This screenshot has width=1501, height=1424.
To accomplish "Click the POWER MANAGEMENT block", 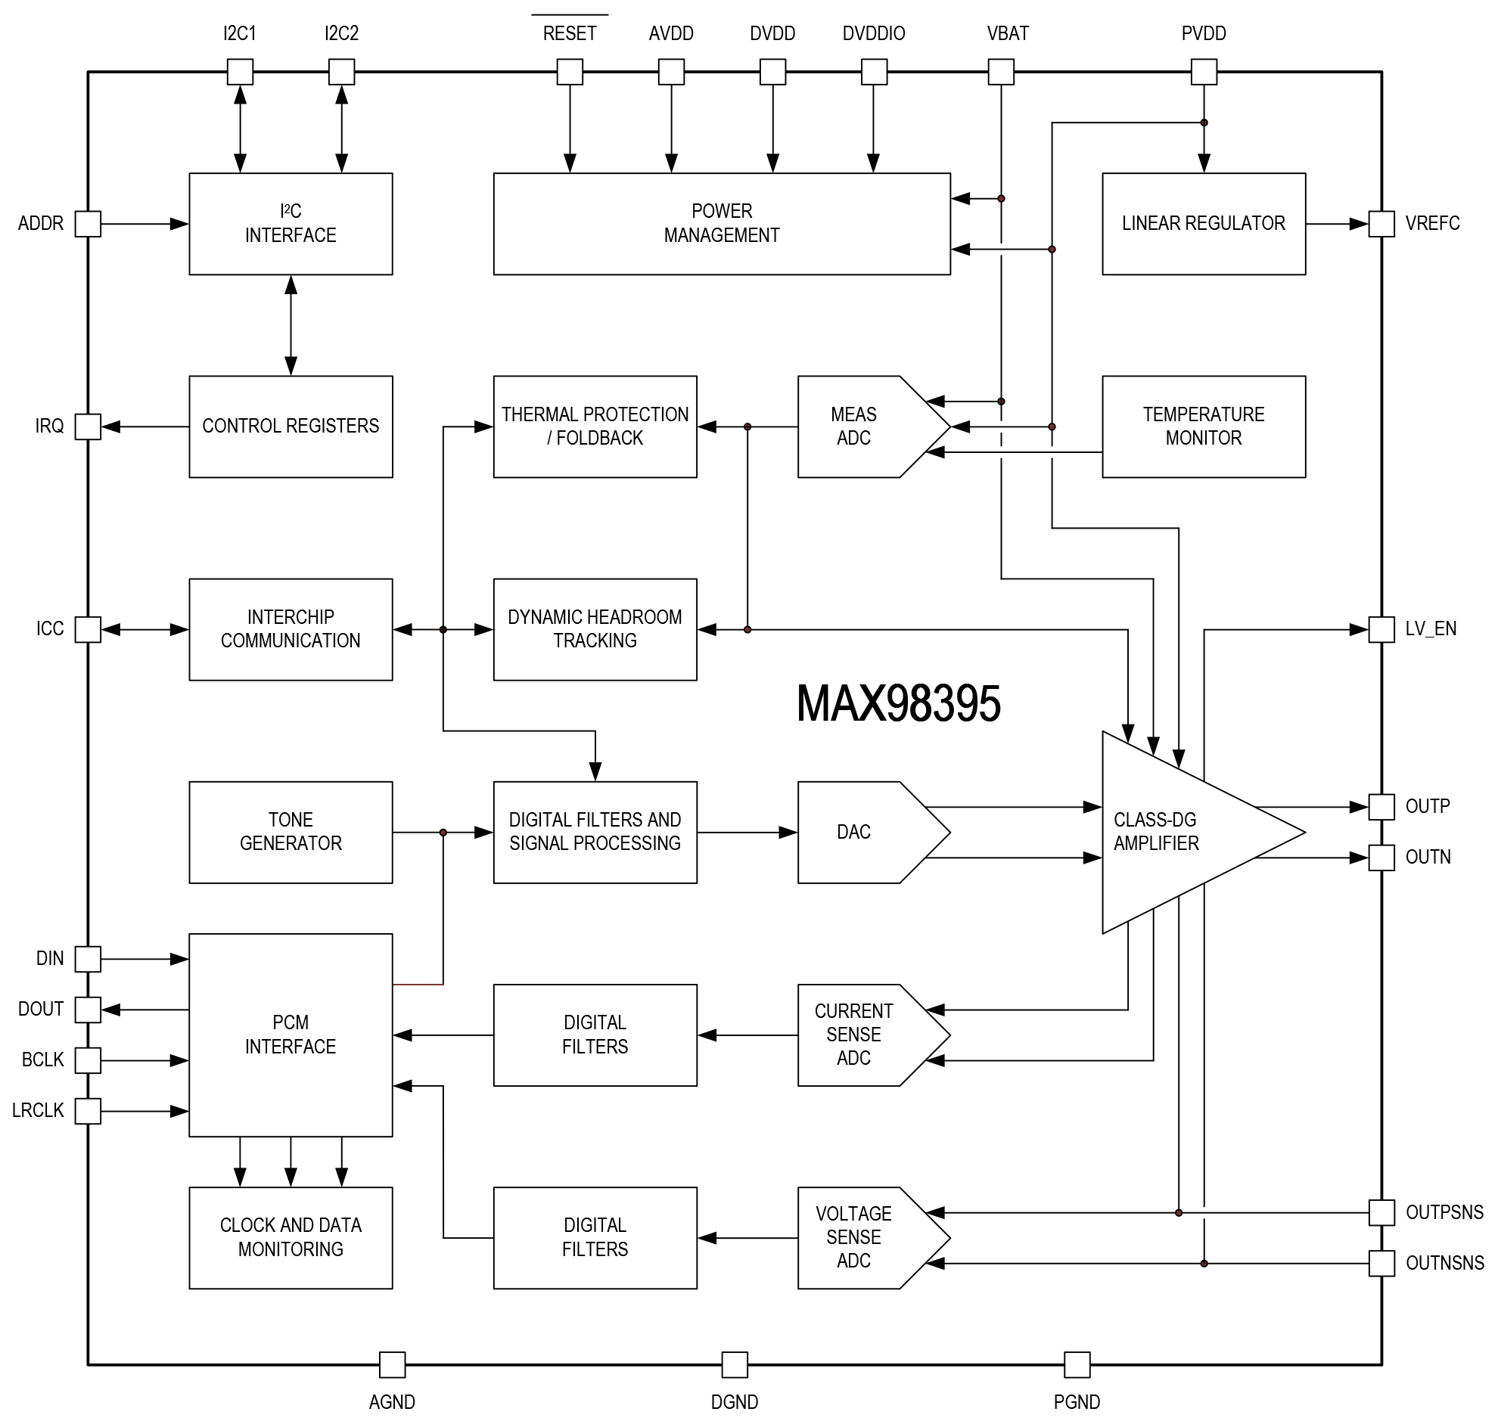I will click(721, 223).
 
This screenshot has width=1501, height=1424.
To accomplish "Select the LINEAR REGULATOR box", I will click(1204, 223).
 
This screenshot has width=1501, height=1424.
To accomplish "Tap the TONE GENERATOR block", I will click(290, 832).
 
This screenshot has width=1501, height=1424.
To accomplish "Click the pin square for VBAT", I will click(1001, 72).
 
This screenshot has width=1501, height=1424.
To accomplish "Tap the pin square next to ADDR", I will click(88, 224).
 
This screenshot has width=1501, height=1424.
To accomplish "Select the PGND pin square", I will click(1077, 1365).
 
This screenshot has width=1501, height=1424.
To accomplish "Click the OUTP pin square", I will click(1381, 807).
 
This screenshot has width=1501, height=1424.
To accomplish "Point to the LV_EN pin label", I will click(1431, 628).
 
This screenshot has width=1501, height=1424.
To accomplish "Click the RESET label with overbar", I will click(570, 33).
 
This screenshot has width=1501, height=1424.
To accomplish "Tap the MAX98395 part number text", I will click(898, 703).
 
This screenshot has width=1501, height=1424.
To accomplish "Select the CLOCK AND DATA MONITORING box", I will click(290, 1237).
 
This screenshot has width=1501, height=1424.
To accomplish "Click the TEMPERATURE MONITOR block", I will click(1204, 426).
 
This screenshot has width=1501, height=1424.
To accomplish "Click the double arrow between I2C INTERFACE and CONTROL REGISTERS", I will click(291, 325).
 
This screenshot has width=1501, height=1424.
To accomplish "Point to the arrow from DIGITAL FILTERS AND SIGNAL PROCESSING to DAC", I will click(747, 833).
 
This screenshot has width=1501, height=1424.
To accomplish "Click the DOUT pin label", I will click(41, 1009).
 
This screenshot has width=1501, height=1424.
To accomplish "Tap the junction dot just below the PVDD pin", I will click(1204, 123).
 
